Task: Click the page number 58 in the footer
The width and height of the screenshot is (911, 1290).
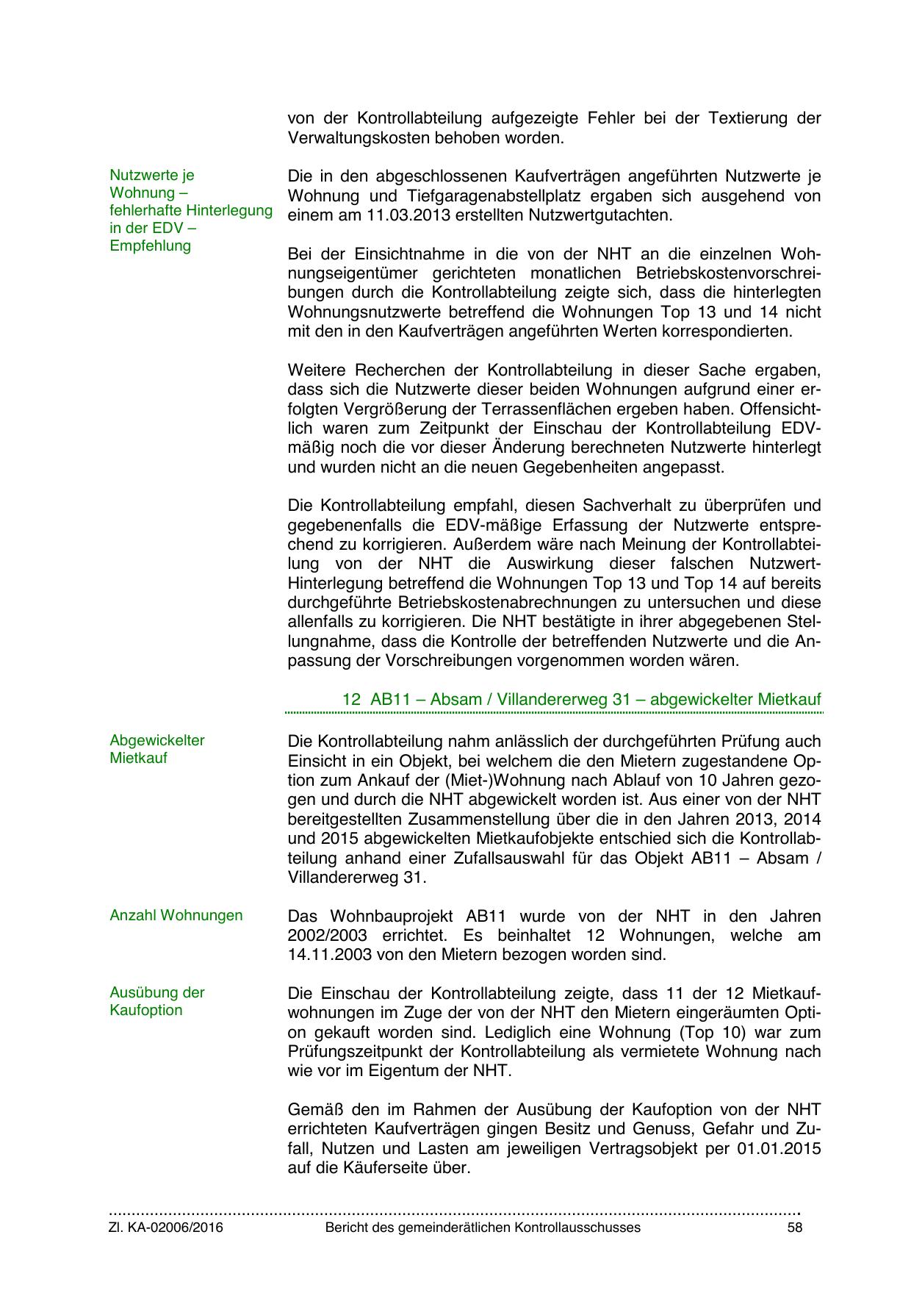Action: [x=793, y=1228]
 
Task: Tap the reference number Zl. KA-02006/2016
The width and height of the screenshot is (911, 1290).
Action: [x=166, y=1228]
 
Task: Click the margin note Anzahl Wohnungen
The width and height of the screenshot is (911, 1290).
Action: [x=176, y=915]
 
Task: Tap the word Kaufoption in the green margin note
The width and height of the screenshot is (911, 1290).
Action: [x=145, y=1010]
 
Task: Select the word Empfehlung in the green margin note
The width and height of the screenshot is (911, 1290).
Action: [x=150, y=246]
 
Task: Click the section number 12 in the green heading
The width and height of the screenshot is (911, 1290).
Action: [x=351, y=699]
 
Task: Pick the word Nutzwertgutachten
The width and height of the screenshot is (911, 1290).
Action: [x=602, y=215]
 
